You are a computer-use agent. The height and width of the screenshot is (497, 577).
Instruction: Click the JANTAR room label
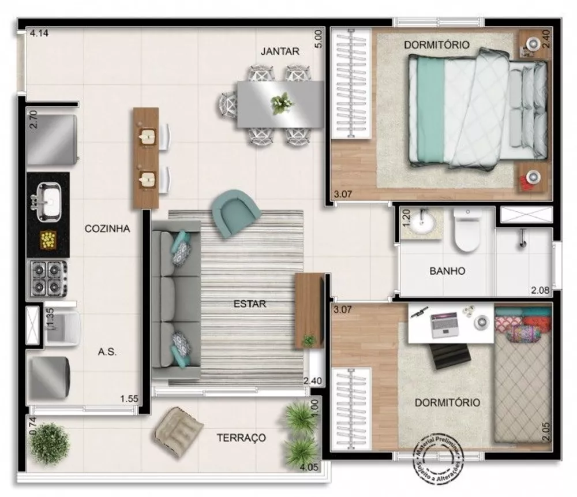coord(280,51)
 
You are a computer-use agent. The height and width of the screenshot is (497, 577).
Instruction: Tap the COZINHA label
coord(107,229)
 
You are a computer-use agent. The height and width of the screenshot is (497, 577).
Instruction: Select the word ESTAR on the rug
coord(250,304)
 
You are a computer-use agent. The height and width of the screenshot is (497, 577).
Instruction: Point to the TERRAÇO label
coord(241,438)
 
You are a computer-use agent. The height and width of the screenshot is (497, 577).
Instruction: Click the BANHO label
coord(447,271)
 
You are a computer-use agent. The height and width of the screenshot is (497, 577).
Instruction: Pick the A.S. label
coord(107,352)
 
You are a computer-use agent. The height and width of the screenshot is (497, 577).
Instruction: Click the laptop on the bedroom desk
coord(443,325)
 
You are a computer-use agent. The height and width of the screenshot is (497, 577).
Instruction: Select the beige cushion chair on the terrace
coord(178,428)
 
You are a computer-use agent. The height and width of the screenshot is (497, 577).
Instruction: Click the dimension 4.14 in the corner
coord(39,33)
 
